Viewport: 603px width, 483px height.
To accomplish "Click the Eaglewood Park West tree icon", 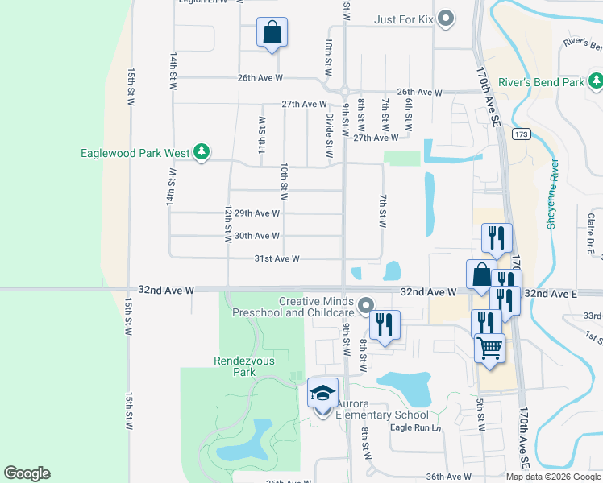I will (x=202, y=151).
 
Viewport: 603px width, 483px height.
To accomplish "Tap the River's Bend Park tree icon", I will (x=595, y=81).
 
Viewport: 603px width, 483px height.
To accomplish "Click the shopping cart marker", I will (x=489, y=349).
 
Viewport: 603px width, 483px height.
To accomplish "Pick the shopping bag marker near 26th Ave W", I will (x=272, y=34).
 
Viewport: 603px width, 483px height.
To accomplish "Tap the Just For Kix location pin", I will (x=449, y=19).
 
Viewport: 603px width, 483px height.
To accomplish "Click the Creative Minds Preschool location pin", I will (x=366, y=305).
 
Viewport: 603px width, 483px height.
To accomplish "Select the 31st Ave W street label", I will (x=277, y=258).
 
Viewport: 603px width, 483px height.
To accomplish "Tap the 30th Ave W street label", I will (x=256, y=236).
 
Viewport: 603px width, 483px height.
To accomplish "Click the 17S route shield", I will (x=520, y=134).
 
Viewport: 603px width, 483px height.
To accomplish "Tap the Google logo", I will (x=27, y=473).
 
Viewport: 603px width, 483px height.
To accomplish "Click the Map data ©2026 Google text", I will (x=553, y=477).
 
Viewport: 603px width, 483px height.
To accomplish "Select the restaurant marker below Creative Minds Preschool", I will (x=385, y=325).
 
